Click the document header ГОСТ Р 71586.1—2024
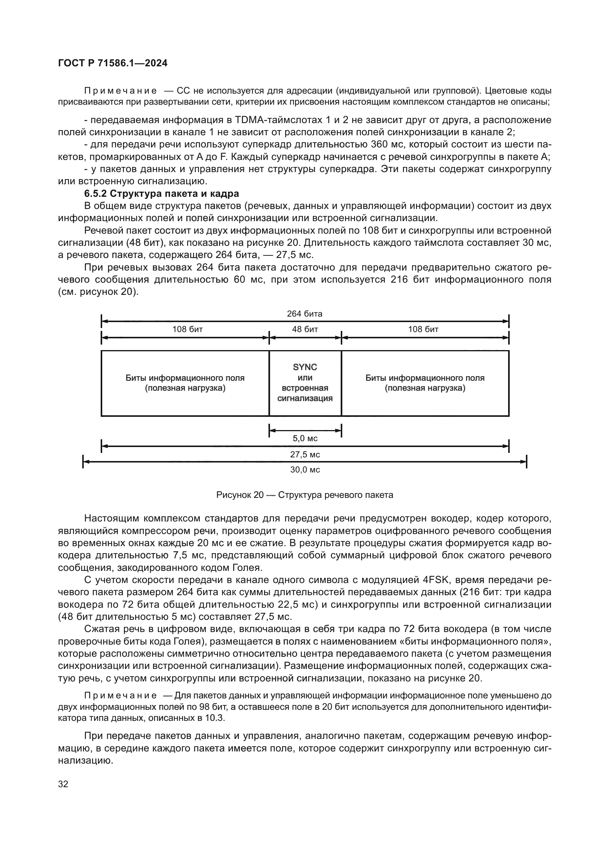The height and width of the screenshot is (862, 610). (113, 63)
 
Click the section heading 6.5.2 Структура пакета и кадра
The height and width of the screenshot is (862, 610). (162, 194)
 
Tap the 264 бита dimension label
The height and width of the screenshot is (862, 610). (305, 314)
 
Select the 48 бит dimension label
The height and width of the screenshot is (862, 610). (305, 329)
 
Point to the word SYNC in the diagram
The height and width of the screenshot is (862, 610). (305, 367)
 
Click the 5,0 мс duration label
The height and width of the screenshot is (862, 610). (305, 438)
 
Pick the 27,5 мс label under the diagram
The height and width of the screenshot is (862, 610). (305, 455)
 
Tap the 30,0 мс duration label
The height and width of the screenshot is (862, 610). (305, 470)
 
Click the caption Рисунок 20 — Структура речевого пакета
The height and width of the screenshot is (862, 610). (305, 495)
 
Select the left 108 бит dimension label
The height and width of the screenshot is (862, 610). (187, 329)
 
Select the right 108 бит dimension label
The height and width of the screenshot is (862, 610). (423, 329)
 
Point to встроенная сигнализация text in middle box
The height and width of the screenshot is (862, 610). (305, 393)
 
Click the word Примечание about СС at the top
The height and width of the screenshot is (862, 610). (120, 91)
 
